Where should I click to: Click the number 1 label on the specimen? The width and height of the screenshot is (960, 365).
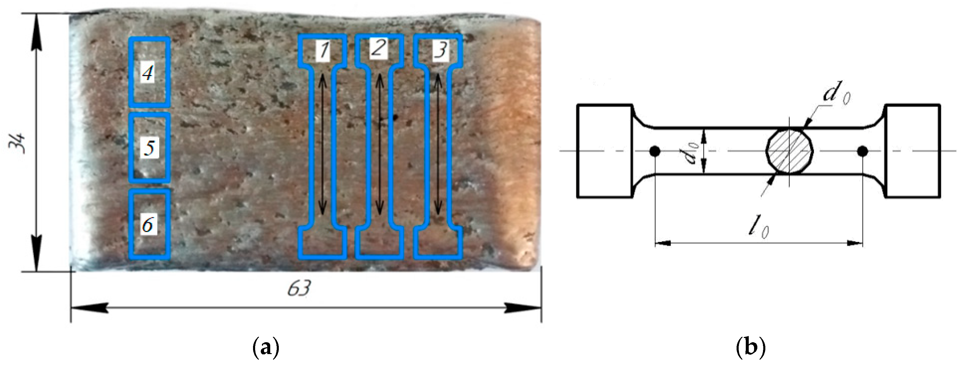[323, 51]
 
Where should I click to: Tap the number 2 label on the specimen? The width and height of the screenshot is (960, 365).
[379, 49]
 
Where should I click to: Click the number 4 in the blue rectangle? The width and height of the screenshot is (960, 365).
[148, 73]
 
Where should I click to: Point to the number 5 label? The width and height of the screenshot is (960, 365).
[149, 148]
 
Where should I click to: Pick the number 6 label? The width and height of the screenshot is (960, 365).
[148, 225]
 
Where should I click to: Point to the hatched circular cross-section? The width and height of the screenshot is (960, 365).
[789, 151]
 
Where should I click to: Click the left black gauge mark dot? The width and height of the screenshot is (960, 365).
[655, 151]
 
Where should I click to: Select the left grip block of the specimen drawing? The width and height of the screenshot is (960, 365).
[604, 151]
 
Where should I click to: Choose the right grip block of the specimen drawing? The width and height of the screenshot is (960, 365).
[913, 151]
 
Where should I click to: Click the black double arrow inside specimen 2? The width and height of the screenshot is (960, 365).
[379, 144]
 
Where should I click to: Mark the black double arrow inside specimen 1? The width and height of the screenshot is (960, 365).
[323, 144]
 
